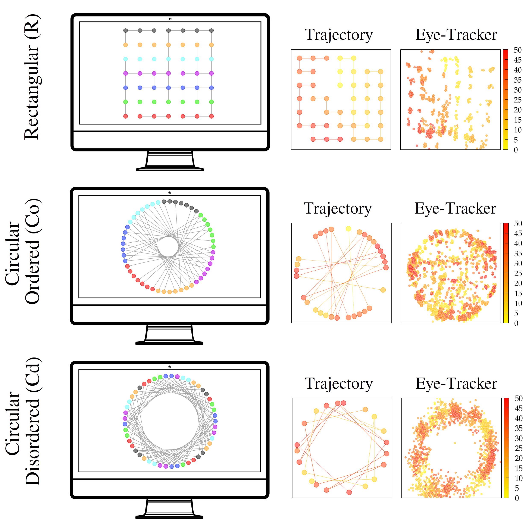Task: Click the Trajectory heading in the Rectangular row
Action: coord(338,35)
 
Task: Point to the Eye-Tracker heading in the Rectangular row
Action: coord(456,35)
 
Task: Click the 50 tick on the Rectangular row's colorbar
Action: coord(517,50)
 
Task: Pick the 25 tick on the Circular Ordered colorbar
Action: coord(518,273)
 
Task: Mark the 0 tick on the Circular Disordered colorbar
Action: coord(517,498)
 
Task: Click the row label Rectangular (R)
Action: coord(32,77)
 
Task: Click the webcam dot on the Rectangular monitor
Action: coord(170,19)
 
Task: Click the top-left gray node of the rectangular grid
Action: coord(126,31)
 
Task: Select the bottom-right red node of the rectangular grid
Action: coord(212,116)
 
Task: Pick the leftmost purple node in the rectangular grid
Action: coord(126,73)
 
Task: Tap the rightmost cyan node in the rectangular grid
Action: coord(212,59)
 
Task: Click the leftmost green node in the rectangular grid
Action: coord(126,102)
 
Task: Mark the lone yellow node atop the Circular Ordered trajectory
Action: coord(348,229)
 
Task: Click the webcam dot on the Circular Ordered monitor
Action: coord(170,193)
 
